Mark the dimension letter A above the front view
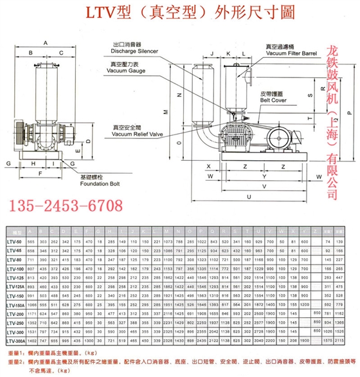pos(46,42)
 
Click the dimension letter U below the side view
pos(256,197)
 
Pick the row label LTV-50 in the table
pos(15,239)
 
